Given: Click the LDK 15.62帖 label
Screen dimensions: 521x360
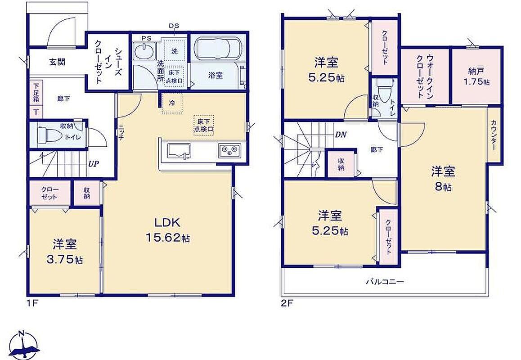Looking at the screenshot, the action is (x=168, y=229).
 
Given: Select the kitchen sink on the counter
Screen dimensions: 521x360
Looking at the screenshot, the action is (x=179, y=151).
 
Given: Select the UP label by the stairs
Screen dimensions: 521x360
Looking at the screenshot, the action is (x=94, y=163).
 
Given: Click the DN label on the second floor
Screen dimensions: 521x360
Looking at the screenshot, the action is (x=341, y=135).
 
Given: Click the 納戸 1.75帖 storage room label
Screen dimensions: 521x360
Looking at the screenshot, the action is (x=476, y=76).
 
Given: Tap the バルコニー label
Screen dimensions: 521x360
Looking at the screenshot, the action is (x=385, y=282).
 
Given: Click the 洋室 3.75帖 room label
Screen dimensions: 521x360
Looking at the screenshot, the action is (x=65, y=252).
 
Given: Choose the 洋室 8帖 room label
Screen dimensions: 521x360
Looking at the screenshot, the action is (x=443, y=179).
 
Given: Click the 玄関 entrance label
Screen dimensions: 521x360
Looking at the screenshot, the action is (x=57, y=62).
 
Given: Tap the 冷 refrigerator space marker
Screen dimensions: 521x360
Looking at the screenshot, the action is (x=172, y=103).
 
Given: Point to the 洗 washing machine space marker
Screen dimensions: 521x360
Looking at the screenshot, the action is (x=175, y=51).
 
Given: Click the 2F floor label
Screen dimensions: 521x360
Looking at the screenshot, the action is (x=287, y=303).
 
